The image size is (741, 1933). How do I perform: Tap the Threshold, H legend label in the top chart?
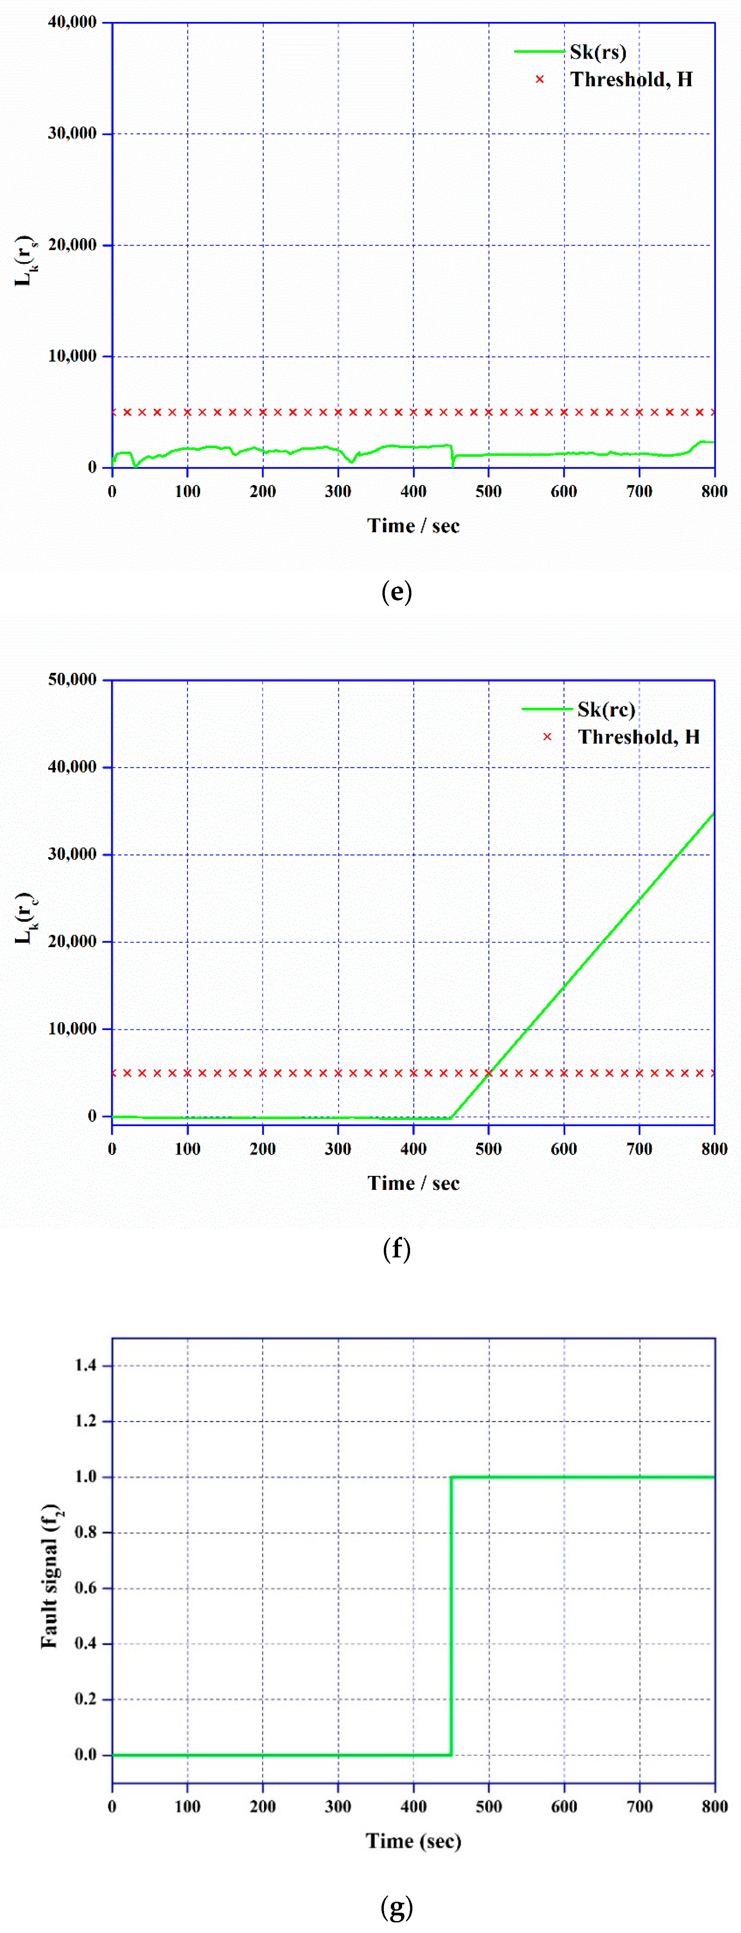pos(631,79)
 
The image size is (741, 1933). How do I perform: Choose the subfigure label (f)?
pos(396,1249)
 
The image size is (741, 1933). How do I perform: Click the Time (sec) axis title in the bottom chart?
pos(414,1841)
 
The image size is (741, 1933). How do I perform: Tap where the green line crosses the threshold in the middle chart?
pos(488,1073)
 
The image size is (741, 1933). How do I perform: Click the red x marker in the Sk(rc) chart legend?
pos(547,737)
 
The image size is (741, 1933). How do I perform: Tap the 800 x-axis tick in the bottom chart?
pos(714,1806)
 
